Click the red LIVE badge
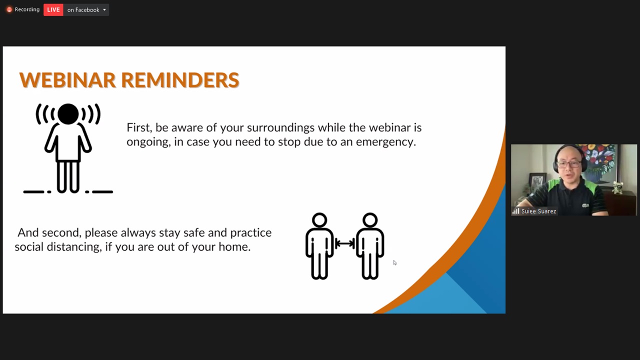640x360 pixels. [x=53, y=9]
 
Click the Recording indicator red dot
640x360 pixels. [x=9, y=9]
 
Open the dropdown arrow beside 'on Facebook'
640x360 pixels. [x=104, y=9]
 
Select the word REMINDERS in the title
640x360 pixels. [x=180, y=80]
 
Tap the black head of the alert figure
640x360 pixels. [x=68, y=114]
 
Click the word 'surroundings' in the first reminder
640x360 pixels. [x=280, y=128]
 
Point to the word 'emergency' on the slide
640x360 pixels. [x=385, y=142]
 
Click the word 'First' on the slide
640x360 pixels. [x=139, y=127]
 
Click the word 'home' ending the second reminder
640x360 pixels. [x=234, y=247]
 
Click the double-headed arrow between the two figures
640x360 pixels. [x=345, y=243]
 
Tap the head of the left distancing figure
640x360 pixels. [x=319, y=220]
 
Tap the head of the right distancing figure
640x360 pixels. [x=370, y=220]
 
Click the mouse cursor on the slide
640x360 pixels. [x=395, y=263]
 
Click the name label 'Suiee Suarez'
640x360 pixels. [x=538, y=211]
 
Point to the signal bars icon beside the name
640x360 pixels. [x=515, y=211]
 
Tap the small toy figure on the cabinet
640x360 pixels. [x=617, y=187]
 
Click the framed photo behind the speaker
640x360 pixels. [x=537, y=182]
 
